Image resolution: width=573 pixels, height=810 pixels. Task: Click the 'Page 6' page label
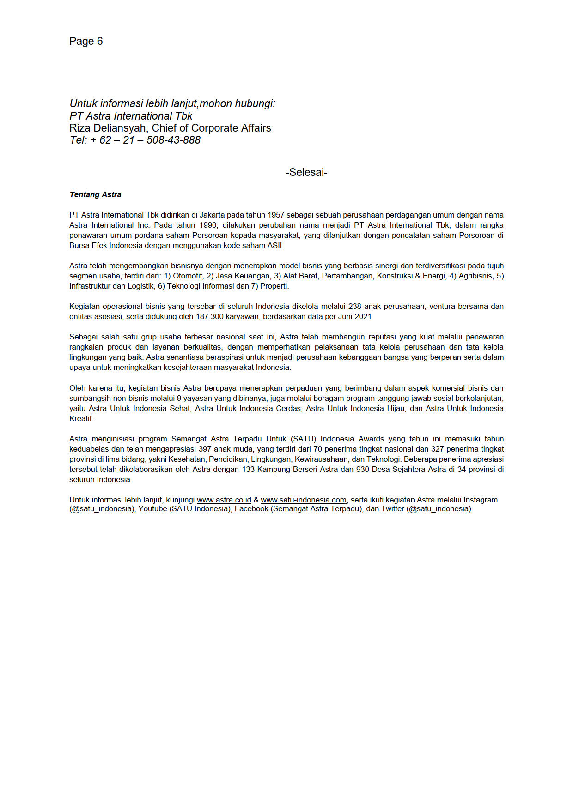(86, 42)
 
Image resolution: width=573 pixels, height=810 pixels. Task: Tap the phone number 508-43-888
(174, 140)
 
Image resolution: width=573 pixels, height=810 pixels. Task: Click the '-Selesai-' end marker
(306, 173)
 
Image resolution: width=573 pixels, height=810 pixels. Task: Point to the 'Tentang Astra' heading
(95, 195)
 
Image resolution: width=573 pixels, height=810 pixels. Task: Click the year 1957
(276, 215)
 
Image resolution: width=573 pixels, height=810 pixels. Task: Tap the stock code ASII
(275, 246)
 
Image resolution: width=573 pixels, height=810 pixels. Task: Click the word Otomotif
(188, 276)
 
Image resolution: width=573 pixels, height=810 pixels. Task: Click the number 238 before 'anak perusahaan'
(355, 307)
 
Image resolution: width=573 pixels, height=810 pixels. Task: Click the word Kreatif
(81, 419)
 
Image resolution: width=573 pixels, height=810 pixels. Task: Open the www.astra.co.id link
(224, 500)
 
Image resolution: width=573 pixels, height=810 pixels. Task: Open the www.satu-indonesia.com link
(303, 500)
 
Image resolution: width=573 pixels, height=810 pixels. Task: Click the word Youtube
(152, 509)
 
